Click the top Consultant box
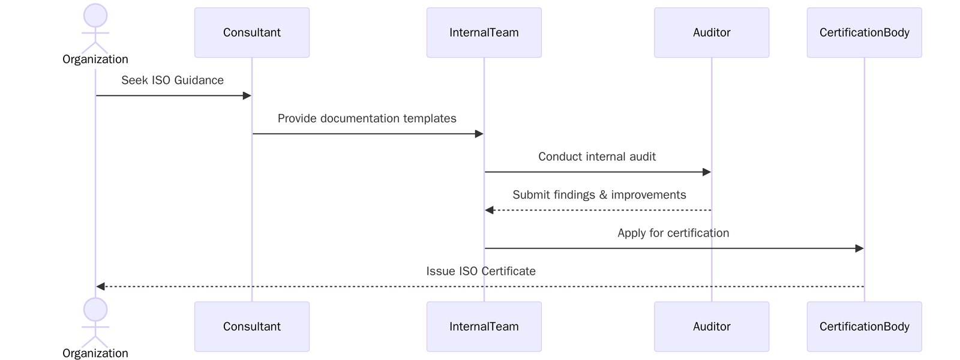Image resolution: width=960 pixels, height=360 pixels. pos(251,32)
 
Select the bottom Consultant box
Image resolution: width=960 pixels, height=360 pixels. pos(251,326)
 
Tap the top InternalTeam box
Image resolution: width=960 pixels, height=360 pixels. pos(484,32)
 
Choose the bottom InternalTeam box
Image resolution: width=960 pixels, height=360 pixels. pos(484,326)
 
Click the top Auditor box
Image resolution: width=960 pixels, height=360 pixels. pos(711,32)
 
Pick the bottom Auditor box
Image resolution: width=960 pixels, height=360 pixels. pos(711,326)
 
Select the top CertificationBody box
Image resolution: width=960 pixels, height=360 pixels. pos(864,32)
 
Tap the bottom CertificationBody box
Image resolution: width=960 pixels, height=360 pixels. pos(864,326)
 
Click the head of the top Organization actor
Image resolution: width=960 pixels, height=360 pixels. pos(95,16)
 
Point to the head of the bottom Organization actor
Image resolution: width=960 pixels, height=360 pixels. pos(95,310)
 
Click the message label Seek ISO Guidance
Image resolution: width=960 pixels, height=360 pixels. pos(172,80)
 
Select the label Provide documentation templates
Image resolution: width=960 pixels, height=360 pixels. pos(367,119)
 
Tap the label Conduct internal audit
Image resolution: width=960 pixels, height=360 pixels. pos(597,157)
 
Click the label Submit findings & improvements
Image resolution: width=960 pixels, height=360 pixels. pos(599,195)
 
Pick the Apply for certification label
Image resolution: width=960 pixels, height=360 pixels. pos(673,233)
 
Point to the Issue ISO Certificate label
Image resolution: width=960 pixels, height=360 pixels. pos(481,271)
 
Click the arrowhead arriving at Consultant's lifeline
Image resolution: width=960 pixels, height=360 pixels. pos(247,95)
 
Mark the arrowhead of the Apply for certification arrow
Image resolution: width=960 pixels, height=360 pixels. pos(859,248)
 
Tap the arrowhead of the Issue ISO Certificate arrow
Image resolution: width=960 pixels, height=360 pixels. pos(101,287)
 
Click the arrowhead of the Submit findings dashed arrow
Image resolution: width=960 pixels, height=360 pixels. pos(490,210)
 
